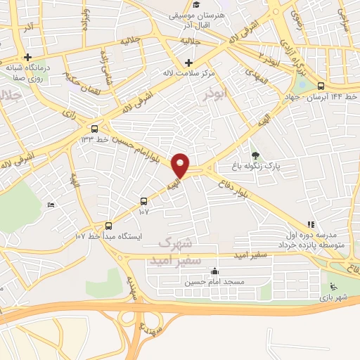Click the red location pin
[x=181, y=165]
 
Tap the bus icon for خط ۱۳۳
[x=95, y=128]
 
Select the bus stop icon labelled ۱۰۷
[x=144, y=200]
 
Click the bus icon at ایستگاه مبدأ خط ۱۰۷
[x=108, y=226]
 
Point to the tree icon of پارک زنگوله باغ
[x=255, y=156]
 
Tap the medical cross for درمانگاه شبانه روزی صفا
[x=28, y=58]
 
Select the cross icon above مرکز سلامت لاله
[x=189, y=63]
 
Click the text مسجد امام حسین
[x=214, y=282]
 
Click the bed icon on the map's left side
[x=50, y=205]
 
